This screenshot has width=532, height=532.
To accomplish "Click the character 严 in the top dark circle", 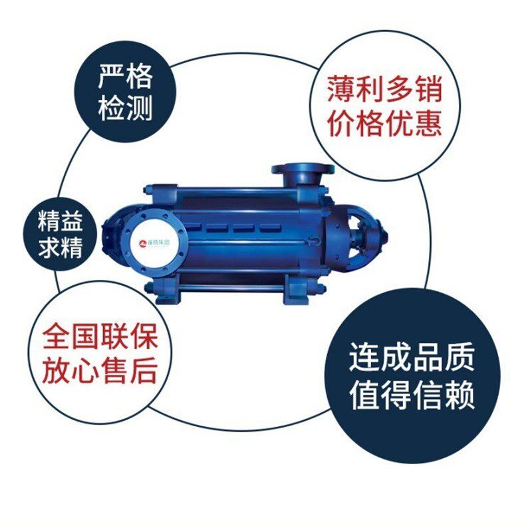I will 111,78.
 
